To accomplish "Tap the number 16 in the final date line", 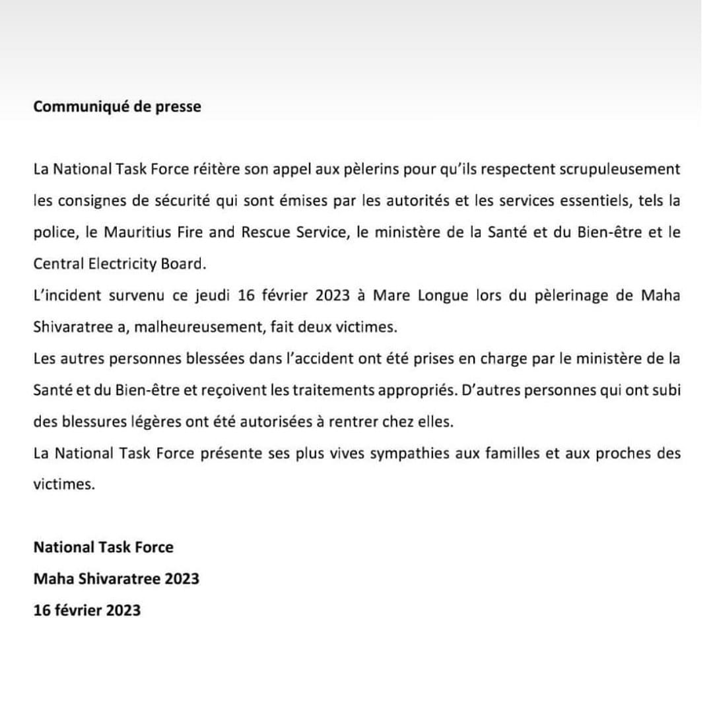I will (x=42, y=610).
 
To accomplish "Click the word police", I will (x=51, y=232).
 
